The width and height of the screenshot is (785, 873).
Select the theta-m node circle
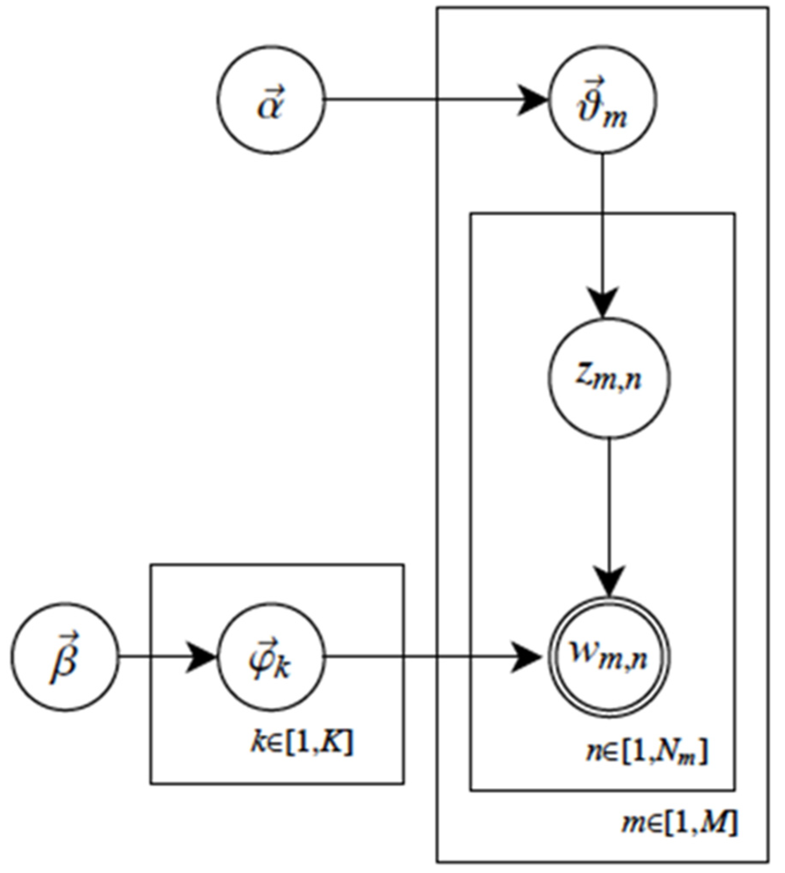click(602, 100)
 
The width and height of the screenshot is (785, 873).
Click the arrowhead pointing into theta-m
click(533, 100)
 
